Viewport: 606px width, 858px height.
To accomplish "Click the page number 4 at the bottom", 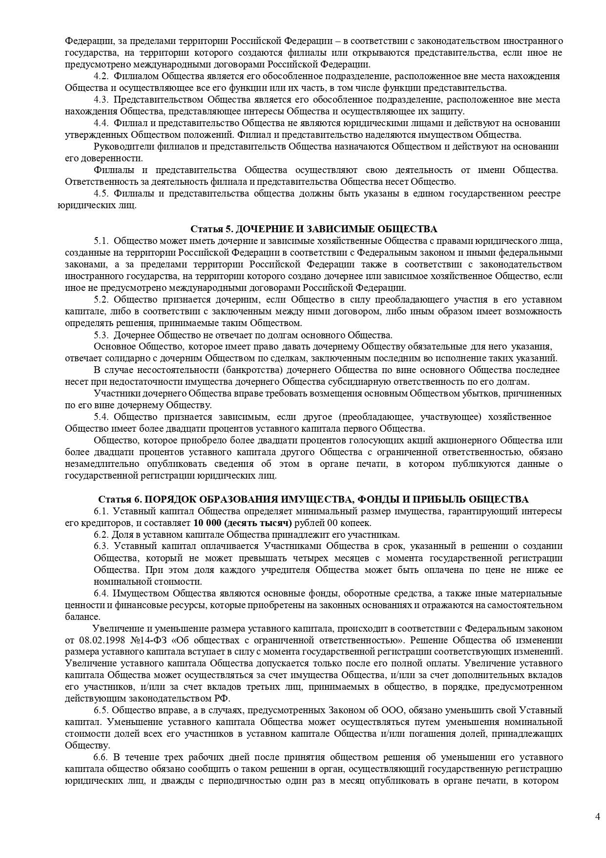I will tap(597, 816).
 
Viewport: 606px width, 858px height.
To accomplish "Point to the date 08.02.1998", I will tap(101, 640).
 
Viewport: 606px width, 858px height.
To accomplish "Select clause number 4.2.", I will tap(101, 76).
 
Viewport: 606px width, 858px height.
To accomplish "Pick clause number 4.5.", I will tap(101, 194).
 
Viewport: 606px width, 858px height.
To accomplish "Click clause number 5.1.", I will tap(101, 241).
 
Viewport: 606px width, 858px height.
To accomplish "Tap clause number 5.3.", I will tap(101, 335).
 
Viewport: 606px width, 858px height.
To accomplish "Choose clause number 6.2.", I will tap(101, 534).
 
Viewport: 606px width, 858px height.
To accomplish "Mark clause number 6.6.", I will tap(101, 757).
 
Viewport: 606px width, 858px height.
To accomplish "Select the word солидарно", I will tap(115, 358).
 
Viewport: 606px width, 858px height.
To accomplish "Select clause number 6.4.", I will tap(101, 593).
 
